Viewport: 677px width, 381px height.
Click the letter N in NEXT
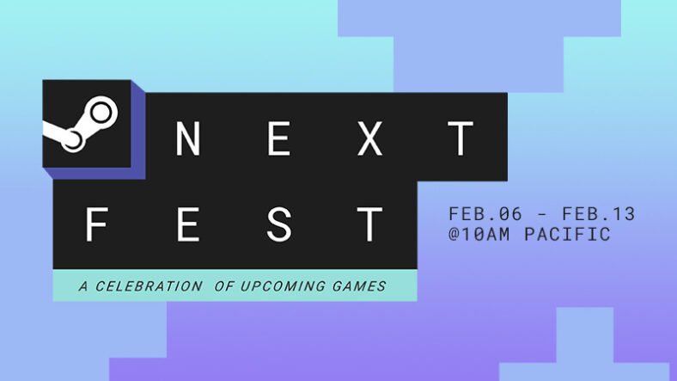click(188, 138)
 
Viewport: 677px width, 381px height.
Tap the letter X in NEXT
click(370, 138)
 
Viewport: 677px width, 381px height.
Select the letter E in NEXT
click(278, 138)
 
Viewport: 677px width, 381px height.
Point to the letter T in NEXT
click(460, 138)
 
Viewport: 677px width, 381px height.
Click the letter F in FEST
click(96, 224)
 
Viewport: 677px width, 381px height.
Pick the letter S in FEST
click(279, 224)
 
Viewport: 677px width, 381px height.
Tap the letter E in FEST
click(188, 224)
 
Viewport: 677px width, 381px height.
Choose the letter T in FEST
click(369, 224)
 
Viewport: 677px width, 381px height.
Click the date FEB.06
click(485, 214)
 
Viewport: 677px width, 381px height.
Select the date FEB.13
click(599, 214)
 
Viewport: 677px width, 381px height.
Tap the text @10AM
click(479, 234)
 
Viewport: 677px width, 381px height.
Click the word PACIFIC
click(567, 234)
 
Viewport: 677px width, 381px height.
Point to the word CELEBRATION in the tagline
click(149, 286)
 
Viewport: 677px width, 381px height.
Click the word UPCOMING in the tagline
click(283, 286)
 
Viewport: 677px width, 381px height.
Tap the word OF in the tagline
click(224, 286)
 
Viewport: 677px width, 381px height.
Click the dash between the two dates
click(542, 214)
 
